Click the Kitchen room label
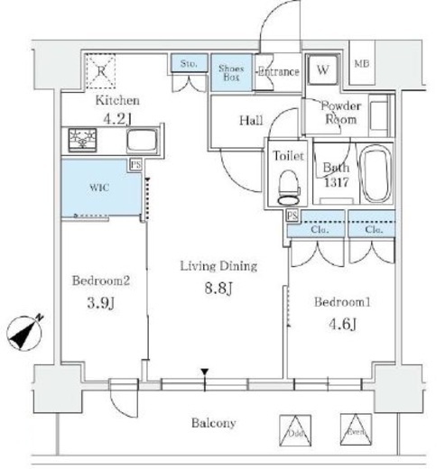(x=116, y=100)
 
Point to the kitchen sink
(x=141, y=141)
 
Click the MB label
(x=360, y=64)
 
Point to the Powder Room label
(x=340, y=111)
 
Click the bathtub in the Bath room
(x=373, y=173)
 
